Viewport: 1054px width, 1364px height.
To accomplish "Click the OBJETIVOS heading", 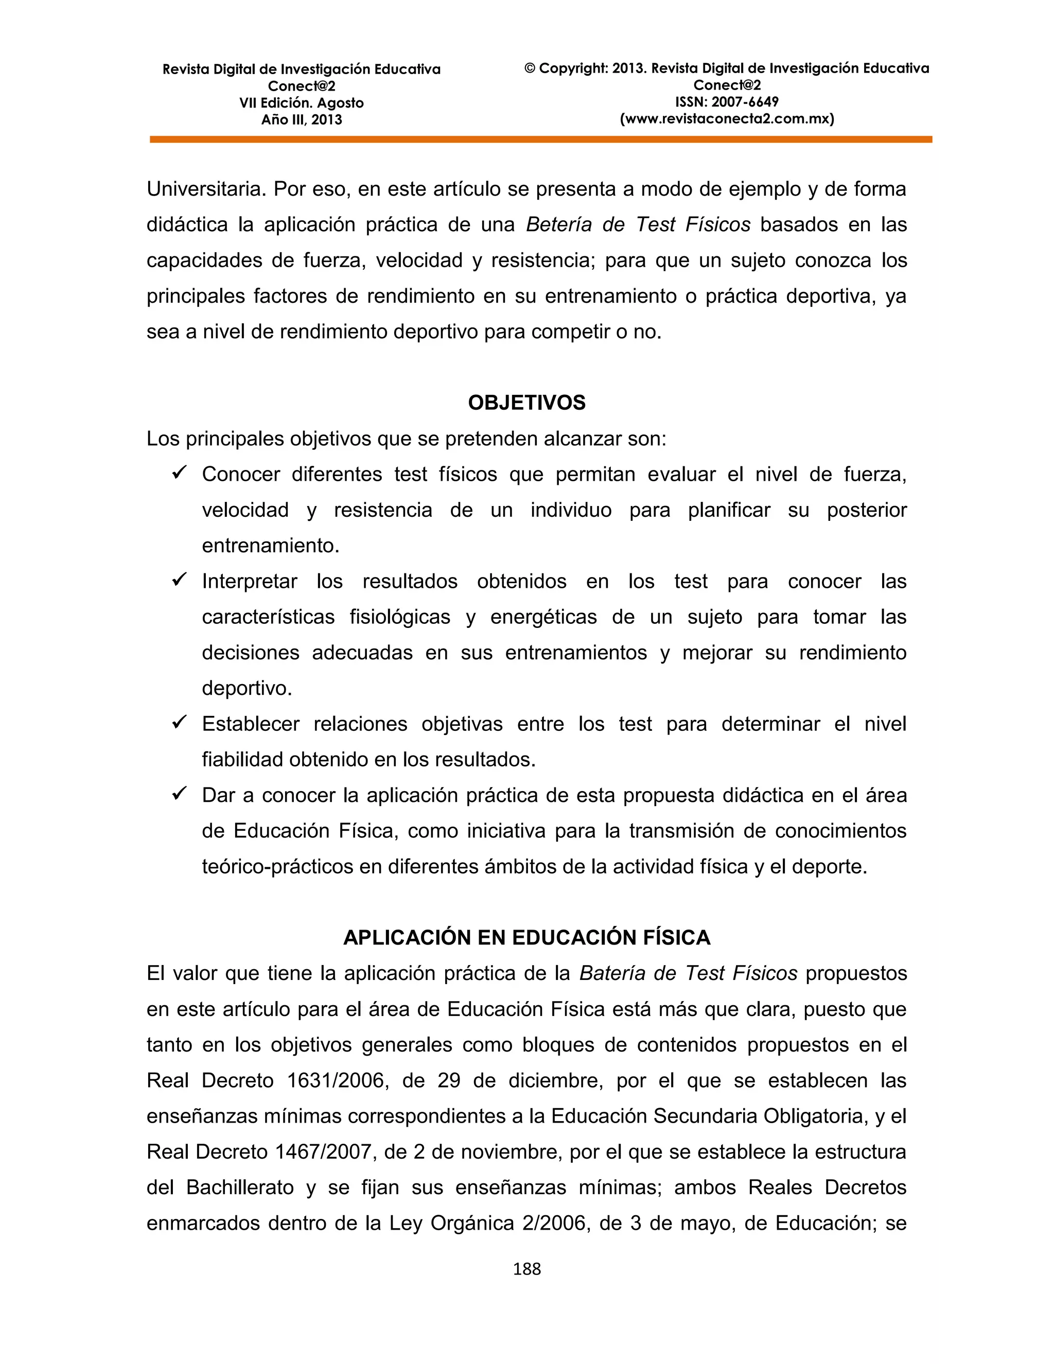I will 526,403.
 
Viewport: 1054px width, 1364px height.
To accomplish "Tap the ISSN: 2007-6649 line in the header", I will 726,102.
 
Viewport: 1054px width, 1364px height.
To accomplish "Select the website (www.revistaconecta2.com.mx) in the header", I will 726,119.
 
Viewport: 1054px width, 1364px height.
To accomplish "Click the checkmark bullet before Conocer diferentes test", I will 179,473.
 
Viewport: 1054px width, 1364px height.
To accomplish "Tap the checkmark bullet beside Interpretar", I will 179,580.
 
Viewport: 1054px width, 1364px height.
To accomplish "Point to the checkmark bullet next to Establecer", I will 179,722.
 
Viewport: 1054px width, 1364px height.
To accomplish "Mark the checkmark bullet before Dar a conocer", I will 179,793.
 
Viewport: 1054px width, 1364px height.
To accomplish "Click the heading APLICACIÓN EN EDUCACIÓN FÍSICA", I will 526,937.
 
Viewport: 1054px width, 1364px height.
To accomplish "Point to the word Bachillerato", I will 240,1187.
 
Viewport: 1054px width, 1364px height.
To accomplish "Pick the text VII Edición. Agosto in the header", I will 301,103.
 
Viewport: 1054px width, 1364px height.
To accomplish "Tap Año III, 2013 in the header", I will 301,120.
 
